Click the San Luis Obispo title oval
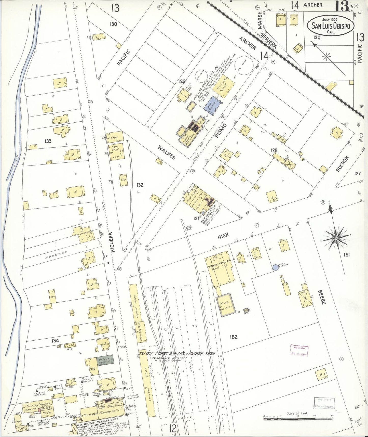pyautogui.click(x=330, y=26)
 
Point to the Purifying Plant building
pyautogui.click(x=223, y=87)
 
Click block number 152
pyautogui.click(x=234, y=337)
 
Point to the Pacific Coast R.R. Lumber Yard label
pyautogui.click(x=177, y=354)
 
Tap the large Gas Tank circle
pyautogui.click(x=244, y=64)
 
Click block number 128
pyautogui.click(x=274, y=150)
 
